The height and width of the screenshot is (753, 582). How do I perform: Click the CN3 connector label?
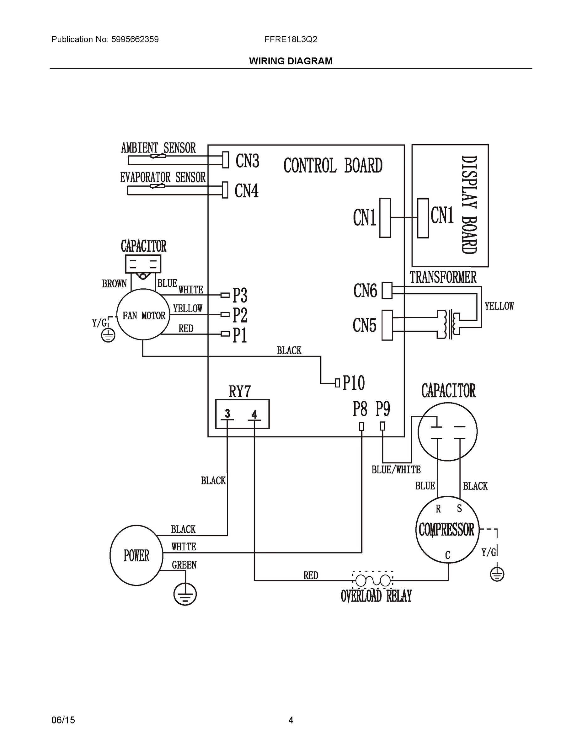pyautogui.click(x=247, y=161)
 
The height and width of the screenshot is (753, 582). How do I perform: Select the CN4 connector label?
pyautogui.click(x=246, y=191)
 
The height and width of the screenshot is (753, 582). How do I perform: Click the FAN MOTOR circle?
pyautogui.click(x=143, y=315)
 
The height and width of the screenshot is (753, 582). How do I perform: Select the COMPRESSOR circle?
pyautogui.click(x=447, y=530)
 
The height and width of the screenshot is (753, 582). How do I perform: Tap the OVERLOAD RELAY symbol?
pyautogui.click(x=373, y=581)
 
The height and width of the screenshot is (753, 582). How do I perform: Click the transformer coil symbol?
pyautogui.click(x=449, y=324)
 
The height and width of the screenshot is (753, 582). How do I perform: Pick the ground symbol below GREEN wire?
pyautogui.click(x=185, y=595)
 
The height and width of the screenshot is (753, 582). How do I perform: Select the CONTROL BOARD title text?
pyautogui.click(x=333, y=166)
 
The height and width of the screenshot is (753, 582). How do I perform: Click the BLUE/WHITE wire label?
pyautogui.click(x=396, y=470)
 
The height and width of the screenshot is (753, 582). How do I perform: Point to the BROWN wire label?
pyautogui.click(x=115, y=284)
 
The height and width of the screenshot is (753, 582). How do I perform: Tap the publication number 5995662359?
pyautogui.click(x=135, y=39)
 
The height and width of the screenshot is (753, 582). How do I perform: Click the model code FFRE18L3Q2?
pyautogui.click(x=291, y=39)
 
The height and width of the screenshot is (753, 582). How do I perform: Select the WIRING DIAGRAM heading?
pyautogui.click(x=291, y=61)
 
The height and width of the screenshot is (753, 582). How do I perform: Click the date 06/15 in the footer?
pyautogui.click(x=63, y=720)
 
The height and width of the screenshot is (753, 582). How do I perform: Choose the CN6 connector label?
pyautogui.click(x=365, y=291)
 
